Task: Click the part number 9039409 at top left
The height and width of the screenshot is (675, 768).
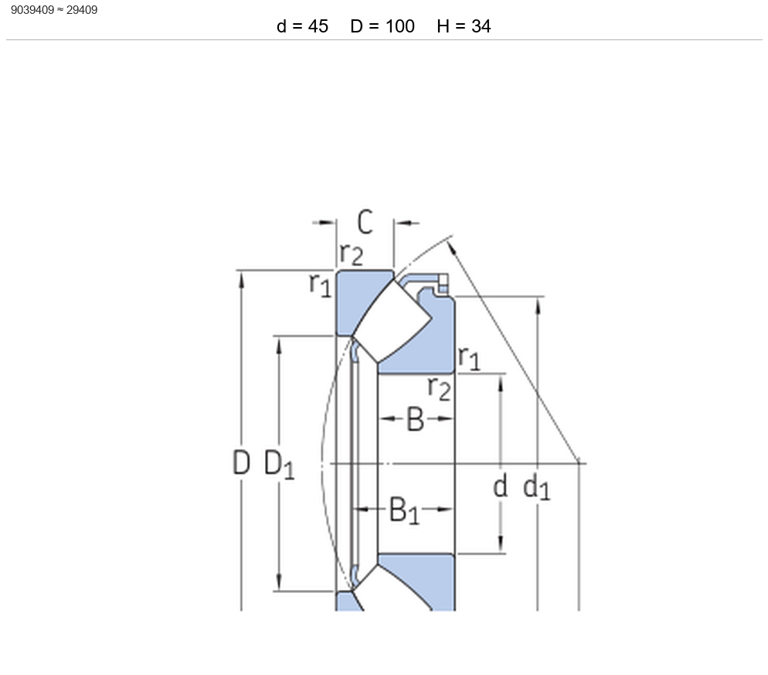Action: point(32,10)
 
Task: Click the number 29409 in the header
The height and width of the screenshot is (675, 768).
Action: point(82,10)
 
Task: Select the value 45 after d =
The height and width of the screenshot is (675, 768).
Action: point(318,26)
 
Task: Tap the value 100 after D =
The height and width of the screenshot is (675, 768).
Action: point(399,26)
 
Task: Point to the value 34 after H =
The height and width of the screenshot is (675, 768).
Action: point(481,26)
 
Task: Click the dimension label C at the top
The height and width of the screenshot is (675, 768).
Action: point(365,222)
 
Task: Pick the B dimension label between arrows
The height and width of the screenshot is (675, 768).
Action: point(416,420)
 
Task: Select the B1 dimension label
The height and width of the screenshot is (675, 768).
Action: point(404,510)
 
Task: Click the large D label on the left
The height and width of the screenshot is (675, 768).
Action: point(241,462)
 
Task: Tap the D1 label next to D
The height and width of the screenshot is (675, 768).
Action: point(279,464)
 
